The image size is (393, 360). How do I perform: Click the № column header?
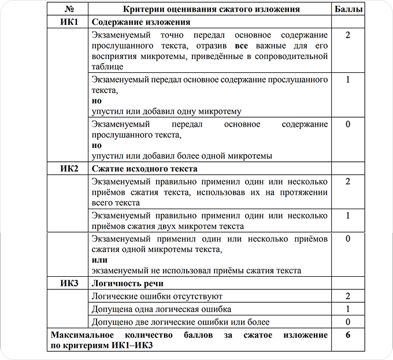[x=68, y=9]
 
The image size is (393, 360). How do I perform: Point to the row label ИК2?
[x=68, y=169]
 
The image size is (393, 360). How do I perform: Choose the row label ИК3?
[x=68, y=284]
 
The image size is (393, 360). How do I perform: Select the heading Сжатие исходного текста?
[x=144, y=169]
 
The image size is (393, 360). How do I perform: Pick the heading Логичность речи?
[x=127, y=284]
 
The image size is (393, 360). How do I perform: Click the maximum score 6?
[x=347, y=335]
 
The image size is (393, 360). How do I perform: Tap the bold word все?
[x=243, y=46]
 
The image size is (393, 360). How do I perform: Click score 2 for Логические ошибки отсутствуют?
[x=347, y=296]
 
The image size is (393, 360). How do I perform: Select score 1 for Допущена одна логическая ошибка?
[x=347, y=309]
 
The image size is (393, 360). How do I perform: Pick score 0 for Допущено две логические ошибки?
[x=347, y=321]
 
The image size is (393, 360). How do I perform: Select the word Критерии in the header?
[x=144, y=9]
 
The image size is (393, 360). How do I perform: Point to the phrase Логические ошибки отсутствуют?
[x=157, y=296]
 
